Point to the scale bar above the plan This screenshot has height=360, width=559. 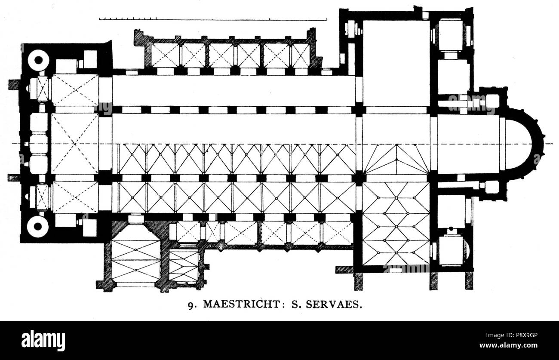coord(212,19)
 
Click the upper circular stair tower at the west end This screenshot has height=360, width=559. coord(38,61)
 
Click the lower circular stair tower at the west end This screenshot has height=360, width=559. coord(38,227)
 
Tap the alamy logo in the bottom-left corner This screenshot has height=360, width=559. coord(43,341)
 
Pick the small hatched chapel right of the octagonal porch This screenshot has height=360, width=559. coord(184,265)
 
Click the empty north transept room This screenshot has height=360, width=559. coord(396,62)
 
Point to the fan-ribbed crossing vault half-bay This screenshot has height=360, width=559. coord(396,159)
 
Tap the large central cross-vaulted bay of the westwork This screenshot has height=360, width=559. coord(75,144)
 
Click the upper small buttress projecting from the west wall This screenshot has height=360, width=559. coord(14,84)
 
